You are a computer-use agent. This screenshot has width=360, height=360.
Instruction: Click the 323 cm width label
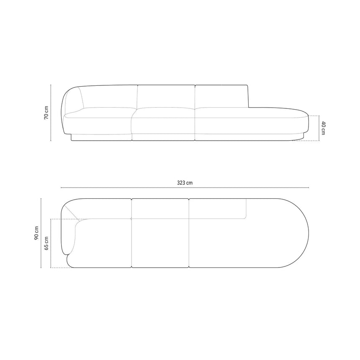click(x=185, y=183)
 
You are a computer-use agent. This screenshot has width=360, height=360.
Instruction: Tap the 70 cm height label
click(x=46, y=113)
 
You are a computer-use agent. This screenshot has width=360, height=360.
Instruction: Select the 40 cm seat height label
click(x=323, y=128)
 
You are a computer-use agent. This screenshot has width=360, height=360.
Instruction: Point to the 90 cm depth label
click(x=36, y=233)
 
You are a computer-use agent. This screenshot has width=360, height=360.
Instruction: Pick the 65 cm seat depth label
click(x=46, y=243)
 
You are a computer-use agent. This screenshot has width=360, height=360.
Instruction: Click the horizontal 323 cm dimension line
click(x=185, y=188)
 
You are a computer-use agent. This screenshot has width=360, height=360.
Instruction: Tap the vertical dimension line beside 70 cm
click(x=51, y=113)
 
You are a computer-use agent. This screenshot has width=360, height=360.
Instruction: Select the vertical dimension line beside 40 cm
click(x=319, y=128)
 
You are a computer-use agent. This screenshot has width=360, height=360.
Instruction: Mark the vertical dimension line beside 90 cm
click(x=41, y=233)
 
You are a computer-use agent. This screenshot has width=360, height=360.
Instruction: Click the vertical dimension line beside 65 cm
click(x=51, y=243)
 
